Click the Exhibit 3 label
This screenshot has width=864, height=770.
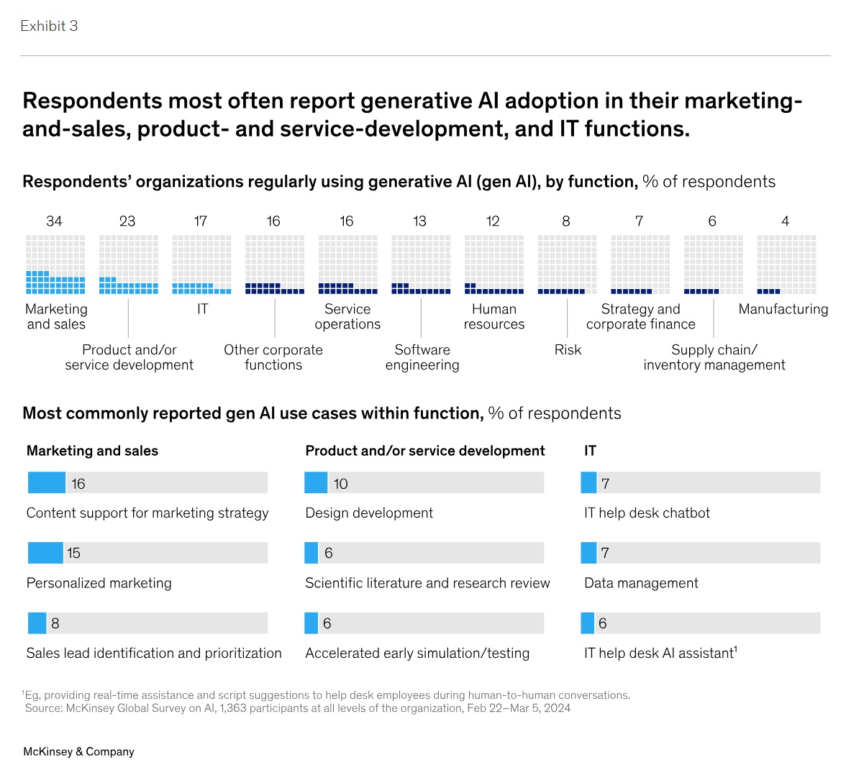coord(49,26)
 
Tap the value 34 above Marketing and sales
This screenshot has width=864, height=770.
coord(54,221)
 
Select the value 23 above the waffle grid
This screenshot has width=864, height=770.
coord(127,221)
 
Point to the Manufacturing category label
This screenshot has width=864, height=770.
coord(783,309)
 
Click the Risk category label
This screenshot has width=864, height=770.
coord(568,350)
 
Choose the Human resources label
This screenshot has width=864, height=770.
coord(494,316)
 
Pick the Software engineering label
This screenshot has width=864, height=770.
coord(422,357)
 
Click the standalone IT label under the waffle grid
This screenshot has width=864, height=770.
coord(202,309)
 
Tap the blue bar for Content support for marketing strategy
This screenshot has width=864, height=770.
coord(47,483)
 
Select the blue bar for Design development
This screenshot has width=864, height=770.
coord(316,483)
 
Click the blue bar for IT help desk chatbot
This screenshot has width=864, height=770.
coord(588,483)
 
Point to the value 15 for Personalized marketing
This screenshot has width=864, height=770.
coord(73,553)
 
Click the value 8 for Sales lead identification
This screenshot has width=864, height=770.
coord(55,623)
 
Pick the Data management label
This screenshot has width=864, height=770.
coord(641,583)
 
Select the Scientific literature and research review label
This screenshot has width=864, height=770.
coord(427,583)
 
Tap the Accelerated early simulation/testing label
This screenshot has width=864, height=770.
coord(417,654)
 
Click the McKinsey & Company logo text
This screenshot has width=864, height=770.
coord(78,751)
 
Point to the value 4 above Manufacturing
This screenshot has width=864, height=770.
coord(785,221)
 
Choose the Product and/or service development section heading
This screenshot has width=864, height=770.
coord(425,451)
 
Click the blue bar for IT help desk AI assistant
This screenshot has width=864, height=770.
coord(588,623)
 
